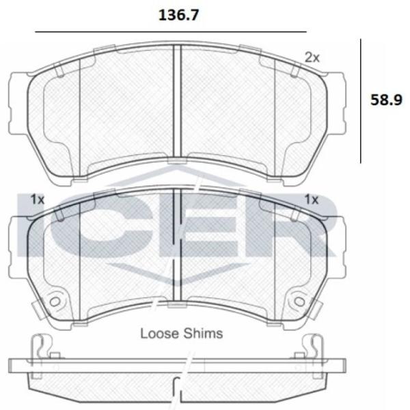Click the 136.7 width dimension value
point(178,15)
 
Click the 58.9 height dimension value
point(386,100)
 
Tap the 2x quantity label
point(312,57)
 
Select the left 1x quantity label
point(38,200)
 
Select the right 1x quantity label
point(312,200)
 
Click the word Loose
point(160,333)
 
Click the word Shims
point(203,333)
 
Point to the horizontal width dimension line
point(171,32)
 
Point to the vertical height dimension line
point(361,101)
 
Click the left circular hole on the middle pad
point(55,302)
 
